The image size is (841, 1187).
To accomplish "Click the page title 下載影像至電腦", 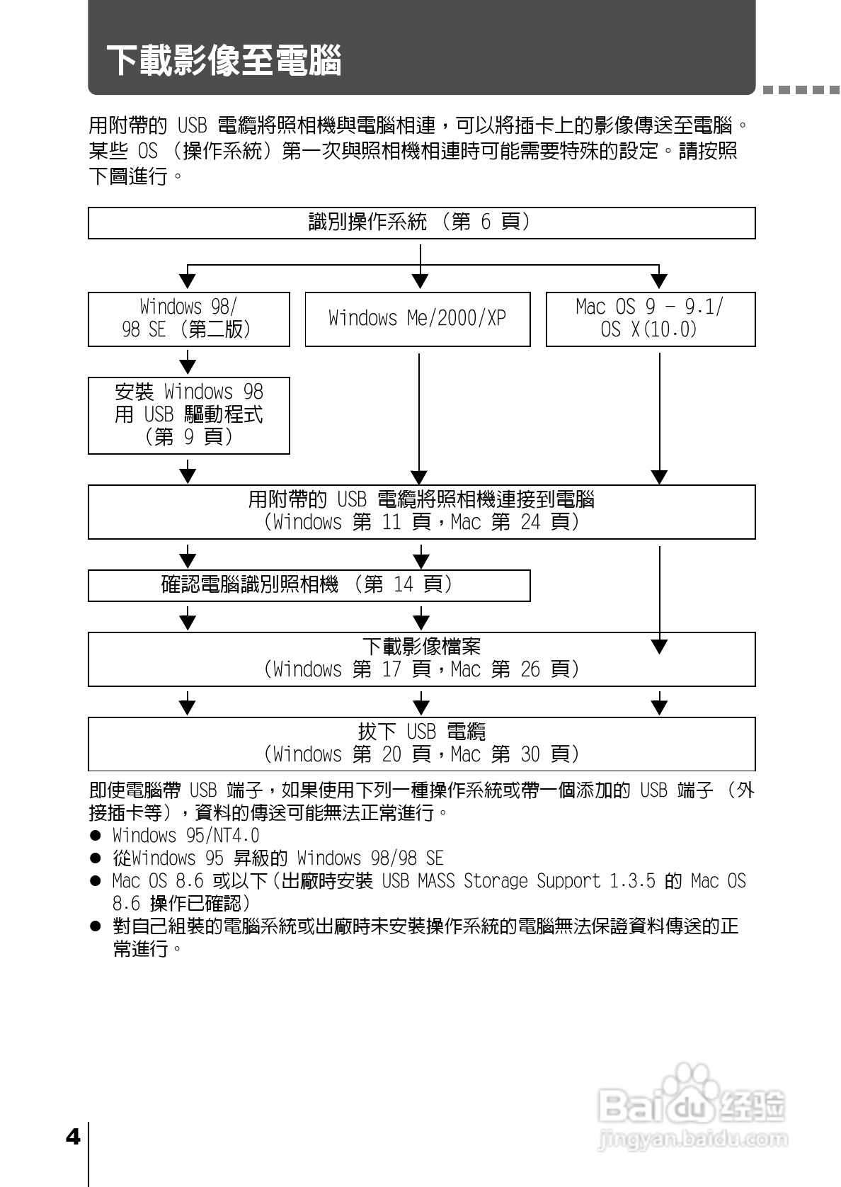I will click(x=224, y=60).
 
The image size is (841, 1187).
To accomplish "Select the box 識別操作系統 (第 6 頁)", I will click(x=421, y=223).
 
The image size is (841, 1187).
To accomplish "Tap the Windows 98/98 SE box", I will click(x=188, y=319).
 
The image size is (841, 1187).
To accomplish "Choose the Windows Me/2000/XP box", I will click(x=417, y=319).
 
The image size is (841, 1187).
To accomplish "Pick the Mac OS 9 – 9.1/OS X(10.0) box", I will click(x=650, y=319).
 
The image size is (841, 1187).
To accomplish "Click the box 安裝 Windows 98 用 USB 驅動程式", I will click(x=188, y=415).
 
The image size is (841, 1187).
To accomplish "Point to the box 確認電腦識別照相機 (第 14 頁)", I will click(x=309, y=585).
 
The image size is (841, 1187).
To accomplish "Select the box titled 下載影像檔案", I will click(x=421, y=659).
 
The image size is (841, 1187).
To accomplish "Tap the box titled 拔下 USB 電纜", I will click(x=421, y=744).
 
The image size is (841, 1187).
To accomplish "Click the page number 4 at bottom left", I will click(x=72, y=1137).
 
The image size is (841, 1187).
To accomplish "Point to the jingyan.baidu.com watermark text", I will click(x=692, y=1140).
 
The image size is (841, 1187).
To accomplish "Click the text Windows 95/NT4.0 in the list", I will click(x=185, y=836).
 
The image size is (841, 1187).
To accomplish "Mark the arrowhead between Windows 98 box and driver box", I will click(x=188, y=365).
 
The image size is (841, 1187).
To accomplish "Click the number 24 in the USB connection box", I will click(x=530, y=523).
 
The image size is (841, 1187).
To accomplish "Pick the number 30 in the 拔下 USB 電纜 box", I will click(x=530, y=755).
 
